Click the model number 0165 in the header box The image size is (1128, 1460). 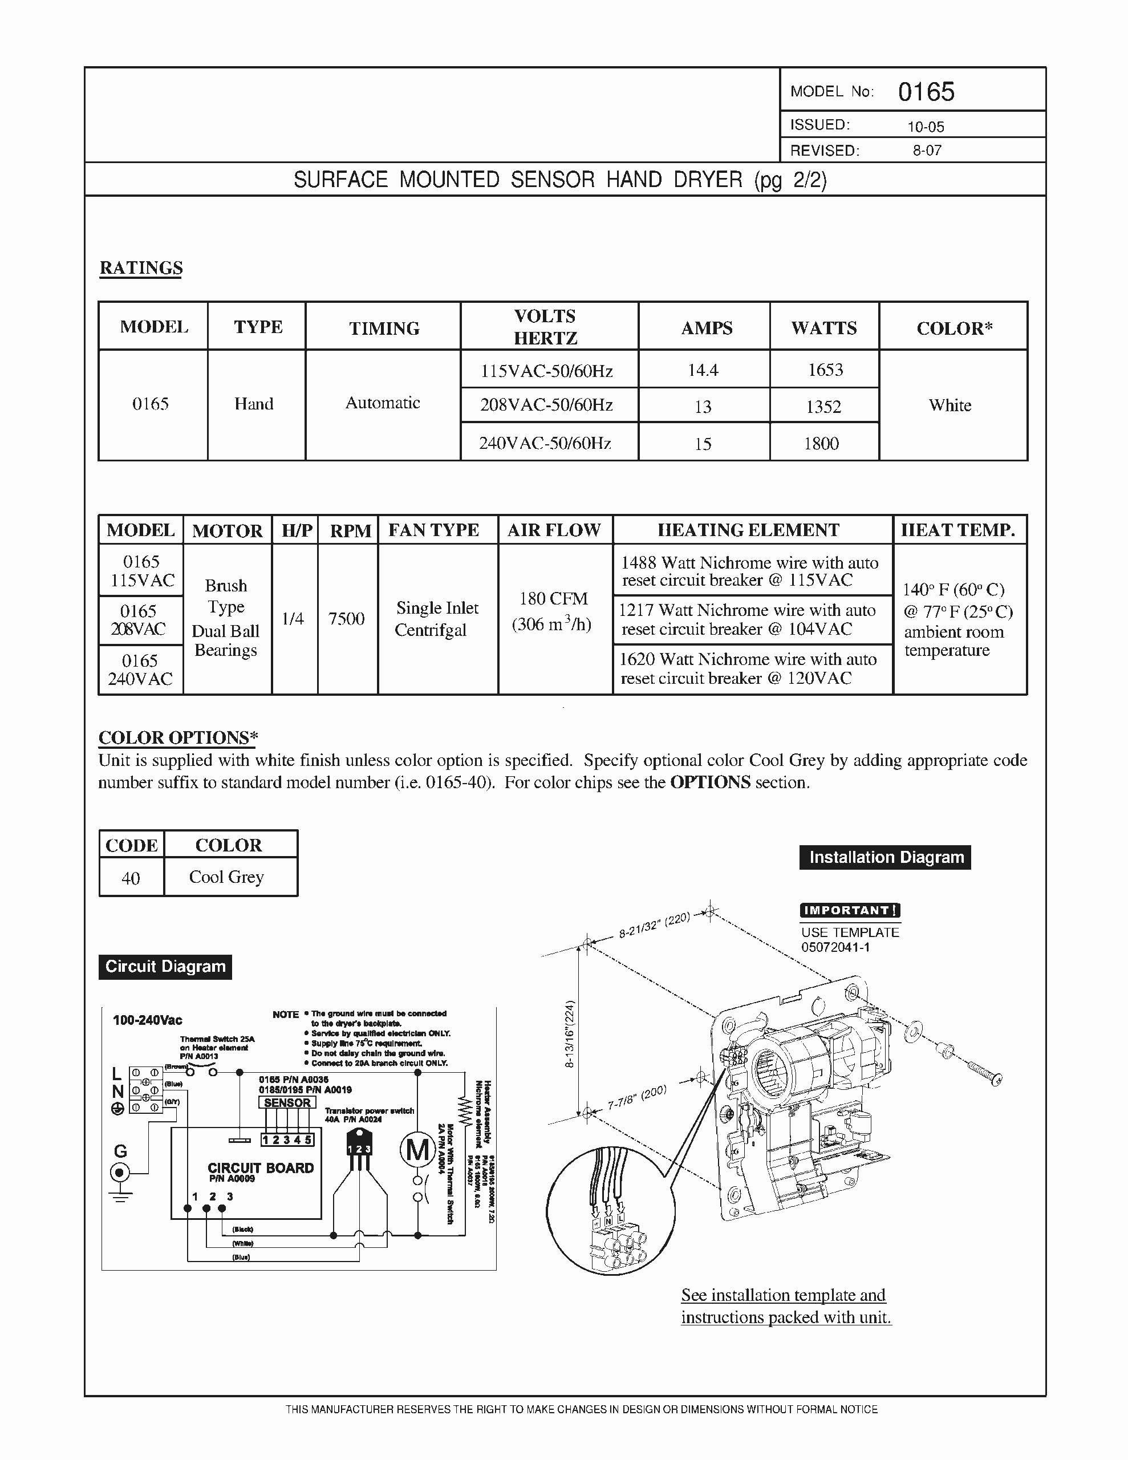(x=926, y=92)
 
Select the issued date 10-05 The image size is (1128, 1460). (x=926, y=127)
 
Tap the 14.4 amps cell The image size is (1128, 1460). (x=703, y=370)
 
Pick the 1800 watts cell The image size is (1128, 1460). (x=821, y=443)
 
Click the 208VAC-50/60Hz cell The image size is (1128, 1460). (x=546, y=405)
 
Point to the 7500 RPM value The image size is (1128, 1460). (x=346, y=618)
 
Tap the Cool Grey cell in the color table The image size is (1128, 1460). (x=226, y=877)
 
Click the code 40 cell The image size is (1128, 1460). (x=131, y=878)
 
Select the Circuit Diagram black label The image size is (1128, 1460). (x=165, y=967)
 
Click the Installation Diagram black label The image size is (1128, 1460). (x=885, y=857)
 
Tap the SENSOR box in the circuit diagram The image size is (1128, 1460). (x=287, y=1103)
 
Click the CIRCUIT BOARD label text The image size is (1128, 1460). (x=260, y=1168)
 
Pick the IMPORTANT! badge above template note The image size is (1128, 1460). (x=850, y=910)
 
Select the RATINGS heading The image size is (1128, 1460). (x=141, y=268)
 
